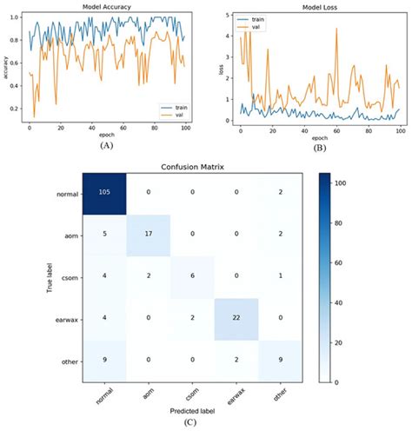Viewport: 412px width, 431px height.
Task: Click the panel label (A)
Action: pos(105,146)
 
